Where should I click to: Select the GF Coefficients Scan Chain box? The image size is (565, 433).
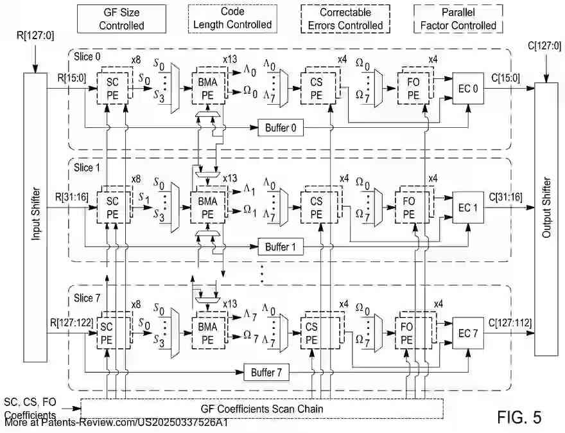(262, 409)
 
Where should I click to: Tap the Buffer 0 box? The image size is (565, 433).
(281, 127)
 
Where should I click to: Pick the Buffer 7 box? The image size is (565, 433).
(266, 372)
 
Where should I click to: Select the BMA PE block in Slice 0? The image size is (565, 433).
(207, 85)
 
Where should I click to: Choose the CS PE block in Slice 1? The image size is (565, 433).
(316, 208)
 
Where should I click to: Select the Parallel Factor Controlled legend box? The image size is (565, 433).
(458, 19)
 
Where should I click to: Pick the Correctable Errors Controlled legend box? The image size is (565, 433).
(345, 19)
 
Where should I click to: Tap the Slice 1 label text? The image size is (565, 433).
(87, 167)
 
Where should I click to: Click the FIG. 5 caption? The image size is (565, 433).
(519, 417)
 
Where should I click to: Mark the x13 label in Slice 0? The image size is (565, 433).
(230, 58)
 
